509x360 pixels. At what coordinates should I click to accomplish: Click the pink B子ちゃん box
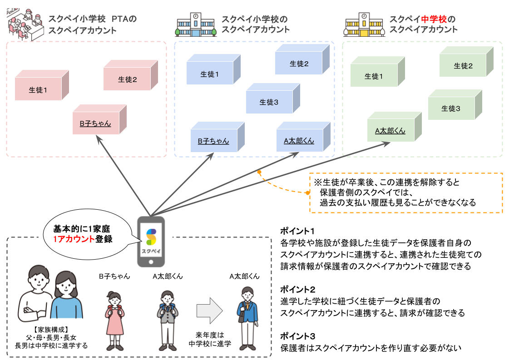coord(95,123)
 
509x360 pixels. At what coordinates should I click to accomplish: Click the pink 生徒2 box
coord(128,79)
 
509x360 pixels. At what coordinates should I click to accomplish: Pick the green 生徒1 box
coord(374,76)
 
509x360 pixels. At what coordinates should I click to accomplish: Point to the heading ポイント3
coord(297,336)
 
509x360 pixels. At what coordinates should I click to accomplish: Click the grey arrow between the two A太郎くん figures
coord(210,311)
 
